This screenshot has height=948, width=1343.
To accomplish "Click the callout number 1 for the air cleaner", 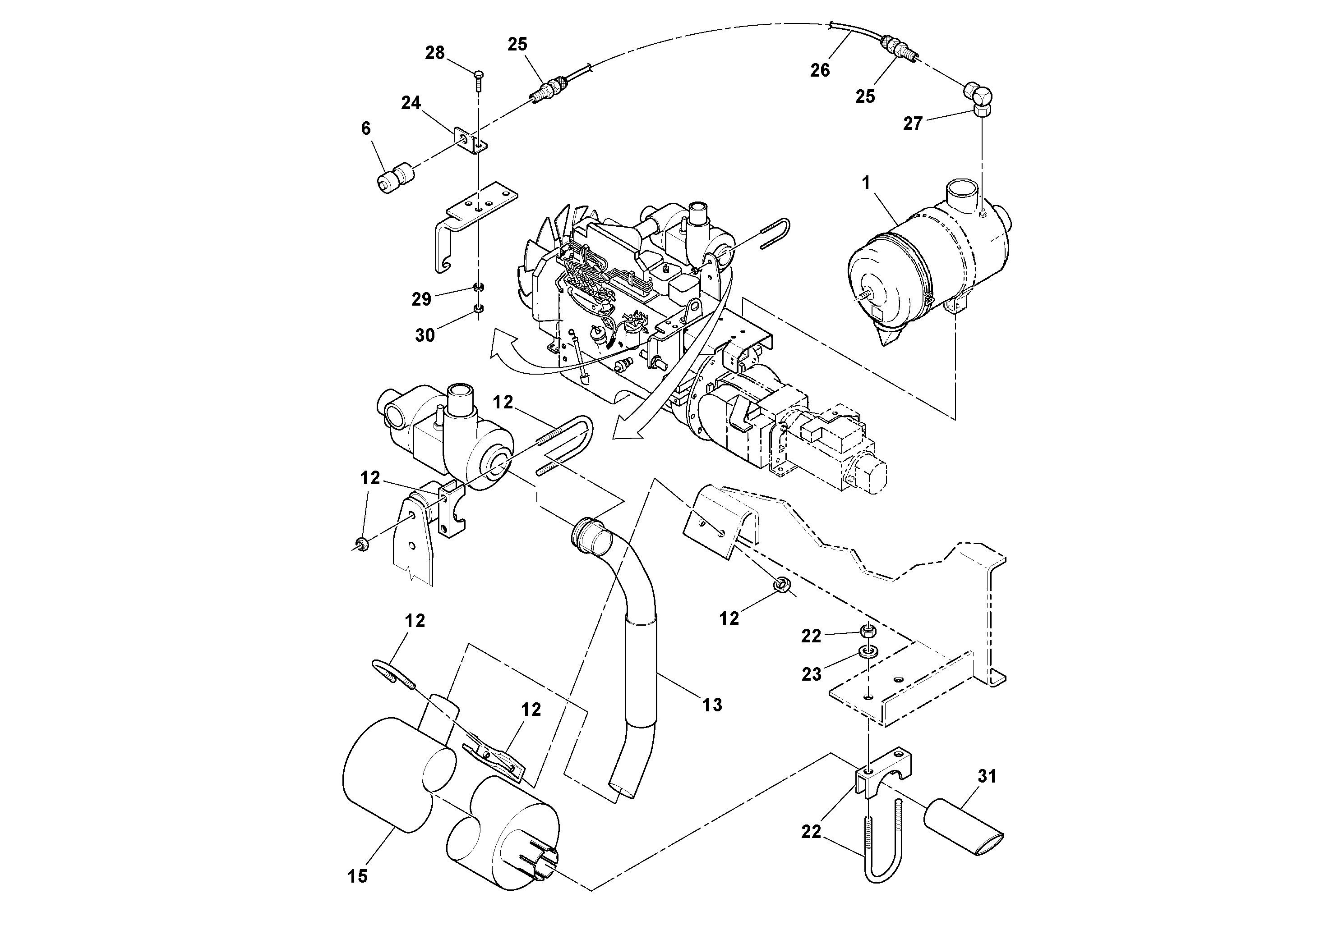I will click(x=866, y=183).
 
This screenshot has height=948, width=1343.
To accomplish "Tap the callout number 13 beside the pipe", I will click(x=712, y=705).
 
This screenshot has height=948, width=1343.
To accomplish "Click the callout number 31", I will click(x=987, y=776).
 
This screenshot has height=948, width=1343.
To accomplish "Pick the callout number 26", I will click(x=820, y=70).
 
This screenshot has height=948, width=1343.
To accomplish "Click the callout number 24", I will click(x=411, y=103).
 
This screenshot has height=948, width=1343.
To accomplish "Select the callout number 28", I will click(x=434, y=53).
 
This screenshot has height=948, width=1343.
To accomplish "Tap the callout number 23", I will click(x=811, y=674).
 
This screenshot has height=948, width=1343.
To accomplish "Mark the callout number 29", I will click(x=421, y=299).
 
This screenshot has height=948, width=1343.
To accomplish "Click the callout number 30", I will click(x=425, y=335).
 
